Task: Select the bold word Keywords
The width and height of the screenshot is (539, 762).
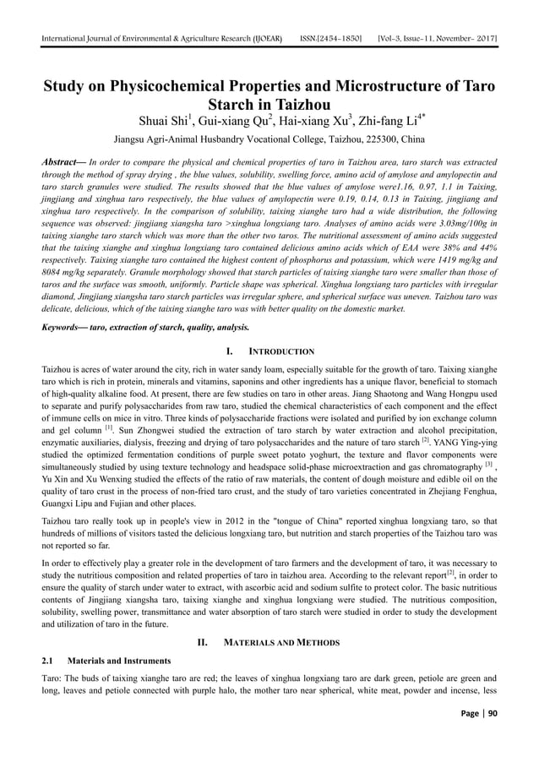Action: click(68, 325)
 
